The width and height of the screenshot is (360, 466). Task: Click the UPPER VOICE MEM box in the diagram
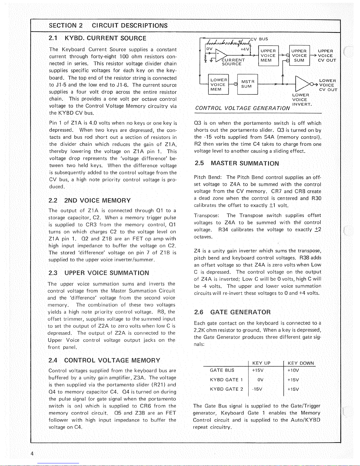click(268, 56)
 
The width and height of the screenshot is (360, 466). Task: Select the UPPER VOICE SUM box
click(299, 56)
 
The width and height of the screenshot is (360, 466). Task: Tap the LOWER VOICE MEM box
click(218, 85)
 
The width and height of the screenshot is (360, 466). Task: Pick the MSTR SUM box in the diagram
click(247, 84)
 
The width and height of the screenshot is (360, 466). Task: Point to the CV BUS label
click(259, 39)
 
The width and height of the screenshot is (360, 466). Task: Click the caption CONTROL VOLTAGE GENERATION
click(242, 108)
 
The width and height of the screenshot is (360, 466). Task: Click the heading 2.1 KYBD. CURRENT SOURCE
click(98, 38)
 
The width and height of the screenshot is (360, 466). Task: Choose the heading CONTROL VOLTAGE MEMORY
click(104, 360)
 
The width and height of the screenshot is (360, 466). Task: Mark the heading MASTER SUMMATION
click(236, 163)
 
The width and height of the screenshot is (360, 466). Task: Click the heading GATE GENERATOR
click(232, 312)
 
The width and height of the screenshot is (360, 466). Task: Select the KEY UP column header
click(261, 363)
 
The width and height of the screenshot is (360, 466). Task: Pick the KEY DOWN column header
click(301, 363)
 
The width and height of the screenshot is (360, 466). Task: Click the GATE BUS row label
click(222, 370)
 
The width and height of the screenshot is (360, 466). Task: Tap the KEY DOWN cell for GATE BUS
click(293, 370)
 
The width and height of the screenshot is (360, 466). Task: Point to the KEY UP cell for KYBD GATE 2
click(257, 389)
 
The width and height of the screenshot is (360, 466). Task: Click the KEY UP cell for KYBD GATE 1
click(260, 380)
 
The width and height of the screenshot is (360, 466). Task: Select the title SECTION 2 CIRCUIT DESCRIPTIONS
click(108, 26)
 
